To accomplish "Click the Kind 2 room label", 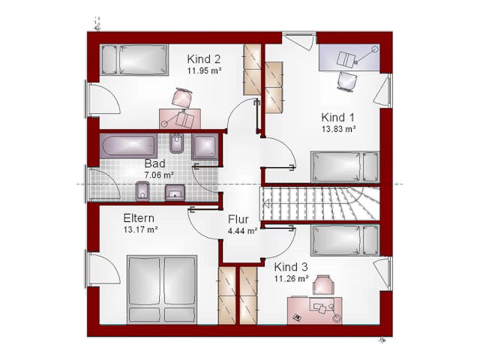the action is (203, 58).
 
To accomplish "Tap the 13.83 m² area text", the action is (338, 129).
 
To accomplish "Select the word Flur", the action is (238, 220).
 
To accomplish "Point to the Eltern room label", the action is (139, 218).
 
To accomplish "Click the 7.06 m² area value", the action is (159, 175).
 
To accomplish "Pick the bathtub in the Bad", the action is (128, 145).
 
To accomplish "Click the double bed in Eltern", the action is (162, 289).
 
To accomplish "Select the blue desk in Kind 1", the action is (349, 57).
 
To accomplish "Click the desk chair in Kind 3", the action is (323, 285).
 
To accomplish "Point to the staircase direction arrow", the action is (266, 203).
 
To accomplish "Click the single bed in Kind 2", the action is (135, 59).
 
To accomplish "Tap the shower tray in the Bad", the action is (205, 146).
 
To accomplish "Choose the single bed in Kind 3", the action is (345, 240).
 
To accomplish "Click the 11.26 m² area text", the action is (291, 278).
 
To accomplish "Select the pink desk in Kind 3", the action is (315, 310).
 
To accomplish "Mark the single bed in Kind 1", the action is (345, 167).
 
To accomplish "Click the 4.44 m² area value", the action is (242, 231).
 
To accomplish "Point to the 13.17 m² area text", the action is (140, 229).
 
